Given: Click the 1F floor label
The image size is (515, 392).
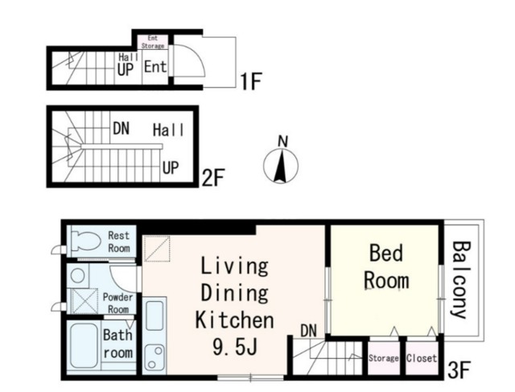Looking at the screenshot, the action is [x=250, y=81].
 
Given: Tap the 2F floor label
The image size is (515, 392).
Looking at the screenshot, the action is [x=212, y=178].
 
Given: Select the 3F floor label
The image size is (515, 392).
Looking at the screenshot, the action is [x=459, y=369].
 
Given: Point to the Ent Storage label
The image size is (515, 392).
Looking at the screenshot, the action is [x=153, y=42].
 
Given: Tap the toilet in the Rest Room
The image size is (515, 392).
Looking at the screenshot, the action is [x=86, y=241].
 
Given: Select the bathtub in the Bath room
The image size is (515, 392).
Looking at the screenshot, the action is [x=84, y=345].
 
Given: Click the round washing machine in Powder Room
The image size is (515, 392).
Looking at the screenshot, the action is [x=78, y=275].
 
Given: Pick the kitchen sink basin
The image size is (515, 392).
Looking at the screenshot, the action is [x=154, y=316].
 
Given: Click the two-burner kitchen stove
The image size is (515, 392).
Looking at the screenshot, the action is [x=154, y=357].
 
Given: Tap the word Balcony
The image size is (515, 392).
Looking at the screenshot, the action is [x=461, y=279].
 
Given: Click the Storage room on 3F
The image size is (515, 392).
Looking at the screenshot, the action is [x=384, y=358].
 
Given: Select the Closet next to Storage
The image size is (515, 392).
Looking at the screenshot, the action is [x=422, y=358].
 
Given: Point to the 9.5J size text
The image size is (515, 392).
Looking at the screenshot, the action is [x=234, y=348].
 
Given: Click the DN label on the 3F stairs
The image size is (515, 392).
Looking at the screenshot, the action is [x=309, y=331].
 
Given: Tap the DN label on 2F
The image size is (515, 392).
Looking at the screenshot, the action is [x=121, y=129].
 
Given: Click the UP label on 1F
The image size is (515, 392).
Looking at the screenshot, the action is [x=126, y=70].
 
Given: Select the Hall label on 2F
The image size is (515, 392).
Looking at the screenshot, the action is [x=168, y=130].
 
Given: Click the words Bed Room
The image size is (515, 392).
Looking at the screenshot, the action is [x=386, y=266].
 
